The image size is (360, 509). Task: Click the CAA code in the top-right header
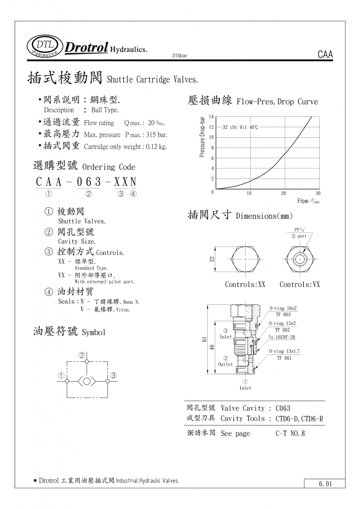coord(325,55)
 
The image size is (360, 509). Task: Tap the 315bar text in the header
coord(179,56)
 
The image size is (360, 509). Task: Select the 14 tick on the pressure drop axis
coord(211,116)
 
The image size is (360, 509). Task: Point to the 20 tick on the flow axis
coord(283,193)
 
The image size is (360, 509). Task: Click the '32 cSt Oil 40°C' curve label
coord(240,127)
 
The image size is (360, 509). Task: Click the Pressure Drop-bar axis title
coord(202,137)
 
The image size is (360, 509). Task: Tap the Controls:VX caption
coord(299,284)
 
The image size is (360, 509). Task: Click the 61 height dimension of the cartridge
coord(204,339)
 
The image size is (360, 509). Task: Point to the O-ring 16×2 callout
coord(283,308)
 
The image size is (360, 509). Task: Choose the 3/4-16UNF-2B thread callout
coord(282,337)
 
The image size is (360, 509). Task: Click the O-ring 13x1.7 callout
coord(284,351)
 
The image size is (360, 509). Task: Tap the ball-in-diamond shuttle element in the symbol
coord(87,381)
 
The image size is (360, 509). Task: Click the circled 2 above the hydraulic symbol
coord(82,355)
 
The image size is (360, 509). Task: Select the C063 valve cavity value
coord(283,409)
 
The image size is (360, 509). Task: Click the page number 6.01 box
coord(324,483)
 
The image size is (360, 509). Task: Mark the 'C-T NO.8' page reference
coord(290,433)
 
